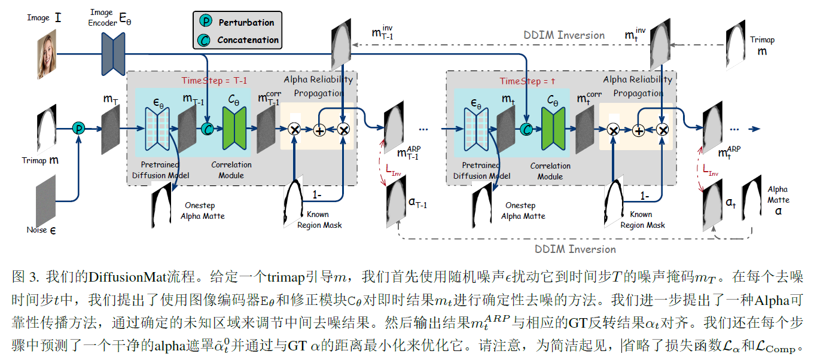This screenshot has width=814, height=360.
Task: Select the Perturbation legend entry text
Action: (x=246, y=22)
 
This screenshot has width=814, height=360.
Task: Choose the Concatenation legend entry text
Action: (x=248, y=40)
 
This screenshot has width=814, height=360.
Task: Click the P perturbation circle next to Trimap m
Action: (x=77, y=128)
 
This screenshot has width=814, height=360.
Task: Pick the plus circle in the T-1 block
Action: (x=319, y=130)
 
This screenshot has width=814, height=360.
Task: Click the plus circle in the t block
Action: (x=638, y=130)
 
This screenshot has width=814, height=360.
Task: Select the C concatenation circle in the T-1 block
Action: (x=207, y=129)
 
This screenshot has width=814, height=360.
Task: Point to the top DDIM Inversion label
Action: (x=564, y=35)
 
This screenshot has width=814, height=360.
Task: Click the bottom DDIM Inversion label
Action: (x=575, y=249)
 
